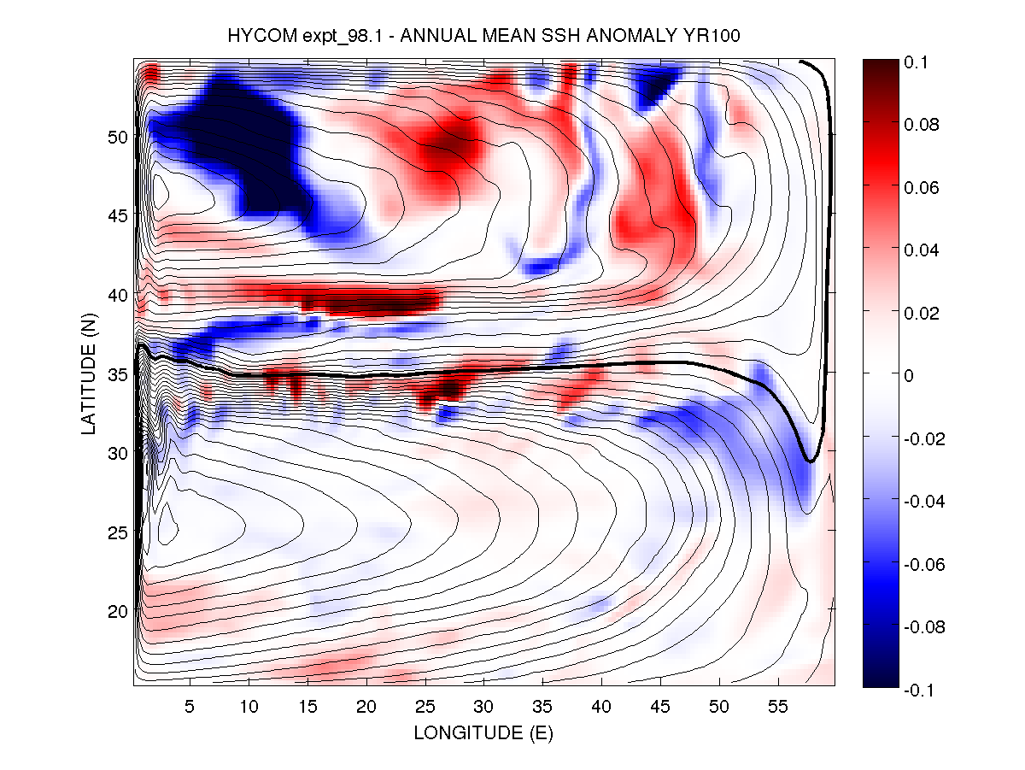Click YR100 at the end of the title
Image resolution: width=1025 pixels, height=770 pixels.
click(x=721, y=35)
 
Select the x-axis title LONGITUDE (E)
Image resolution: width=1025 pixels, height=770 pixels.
click(x=483, y=733)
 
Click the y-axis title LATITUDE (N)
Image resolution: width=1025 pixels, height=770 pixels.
click(x=89, y=373)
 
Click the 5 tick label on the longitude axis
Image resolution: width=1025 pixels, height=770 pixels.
click(x=190, y=708)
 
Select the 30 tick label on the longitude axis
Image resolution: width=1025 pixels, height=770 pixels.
click(x=484, y=708)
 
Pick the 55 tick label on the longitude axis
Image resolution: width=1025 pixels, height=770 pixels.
click(x=778, y=708)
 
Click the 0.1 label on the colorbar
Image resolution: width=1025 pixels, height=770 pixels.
click(x=917, y=63)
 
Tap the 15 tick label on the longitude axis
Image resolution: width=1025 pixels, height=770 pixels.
click(x=307, y=708)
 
